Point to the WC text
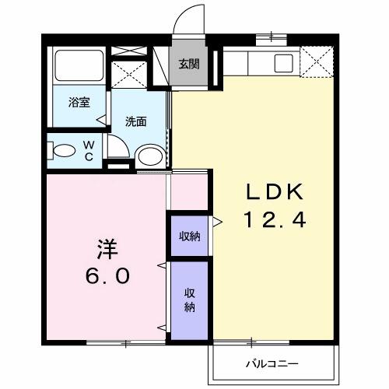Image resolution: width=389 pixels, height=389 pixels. pyautogui.click(x=89, y=149)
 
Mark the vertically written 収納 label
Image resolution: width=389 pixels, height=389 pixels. pyautogui.click(x=189, y=300)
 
